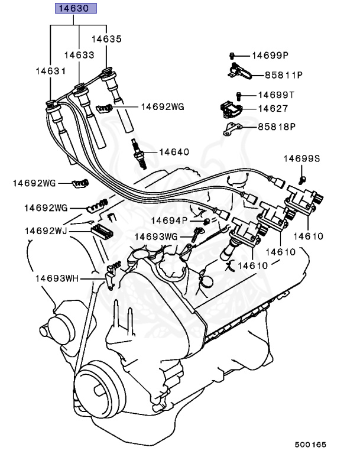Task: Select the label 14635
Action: pos(106,39)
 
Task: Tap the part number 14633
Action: pos(79,54)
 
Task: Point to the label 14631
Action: pos(50,70)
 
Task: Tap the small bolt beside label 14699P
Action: pos(233,56)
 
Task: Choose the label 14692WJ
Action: pos(45,230)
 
